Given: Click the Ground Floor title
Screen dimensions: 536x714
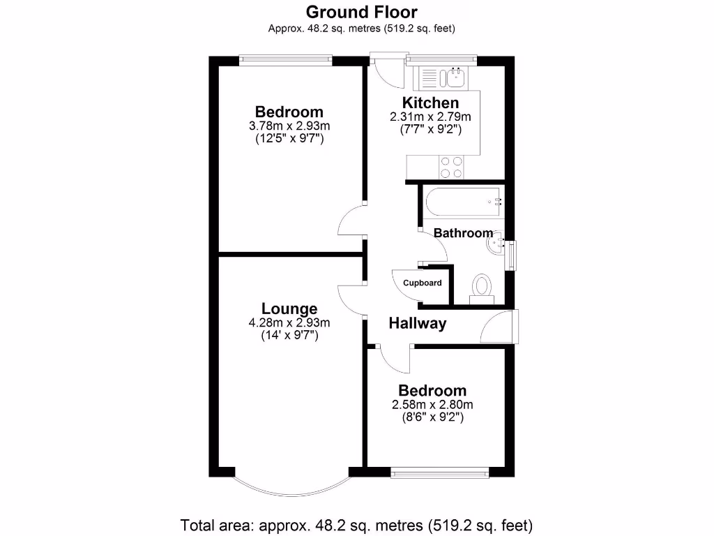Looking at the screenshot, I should pos(362,12).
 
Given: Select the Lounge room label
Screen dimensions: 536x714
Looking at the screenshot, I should pos(289,308).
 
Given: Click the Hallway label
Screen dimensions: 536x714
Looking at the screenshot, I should pos(417,323).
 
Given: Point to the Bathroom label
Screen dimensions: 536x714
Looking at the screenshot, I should pos(463,233).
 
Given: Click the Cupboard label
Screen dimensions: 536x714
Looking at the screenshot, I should pos(423,283).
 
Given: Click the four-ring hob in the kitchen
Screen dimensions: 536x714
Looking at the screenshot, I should pos(451,167).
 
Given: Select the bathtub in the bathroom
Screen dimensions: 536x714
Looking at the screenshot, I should pos(461,201).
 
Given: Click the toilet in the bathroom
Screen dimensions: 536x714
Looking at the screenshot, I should pos(481,288).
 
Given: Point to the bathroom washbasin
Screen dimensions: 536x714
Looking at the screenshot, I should pos(496,244).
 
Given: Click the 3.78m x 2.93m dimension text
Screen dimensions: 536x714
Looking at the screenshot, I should pos(289,126).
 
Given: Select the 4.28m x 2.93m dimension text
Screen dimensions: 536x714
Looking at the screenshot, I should pos(289,322).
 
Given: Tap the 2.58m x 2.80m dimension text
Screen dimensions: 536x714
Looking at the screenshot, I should pos(432,404).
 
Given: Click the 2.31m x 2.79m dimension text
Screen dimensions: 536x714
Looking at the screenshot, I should pos(430,117).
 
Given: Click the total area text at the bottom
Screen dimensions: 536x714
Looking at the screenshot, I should pos(357,524).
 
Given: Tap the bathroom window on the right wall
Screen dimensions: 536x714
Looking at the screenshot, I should pos(514,254).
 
